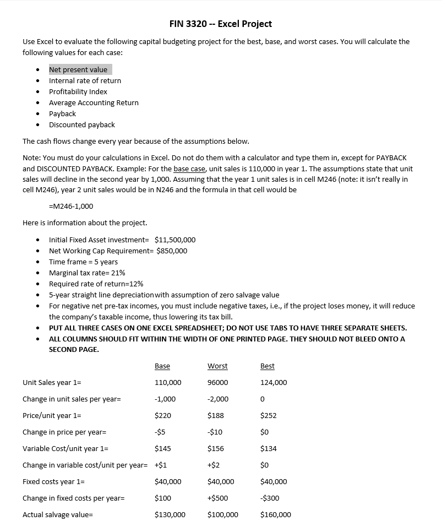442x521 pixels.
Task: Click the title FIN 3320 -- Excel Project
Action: coord(221,24)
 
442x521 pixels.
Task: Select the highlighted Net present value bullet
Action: coord(78,69)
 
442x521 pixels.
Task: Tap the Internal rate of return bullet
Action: coord(85,80)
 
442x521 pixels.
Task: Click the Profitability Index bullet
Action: coord(78,91)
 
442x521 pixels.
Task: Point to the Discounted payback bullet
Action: coord(81,124)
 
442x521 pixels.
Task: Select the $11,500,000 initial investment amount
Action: coord(175,240)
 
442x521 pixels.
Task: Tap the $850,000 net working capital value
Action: coord(172,251)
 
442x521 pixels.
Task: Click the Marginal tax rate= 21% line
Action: coord(87,273)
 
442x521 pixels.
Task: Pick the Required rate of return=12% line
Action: coord(96,284)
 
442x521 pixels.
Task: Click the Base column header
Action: coord(162,366)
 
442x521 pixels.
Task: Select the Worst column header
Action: coord(217,366)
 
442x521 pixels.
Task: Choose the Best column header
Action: coord(267,366)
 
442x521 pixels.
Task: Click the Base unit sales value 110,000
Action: coord(168,383)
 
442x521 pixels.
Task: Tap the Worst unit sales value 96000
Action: coord(217,383)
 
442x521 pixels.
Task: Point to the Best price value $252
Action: coord(268,416)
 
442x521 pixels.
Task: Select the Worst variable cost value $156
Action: coord(216,449)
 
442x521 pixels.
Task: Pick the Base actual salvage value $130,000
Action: coord(170,515)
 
